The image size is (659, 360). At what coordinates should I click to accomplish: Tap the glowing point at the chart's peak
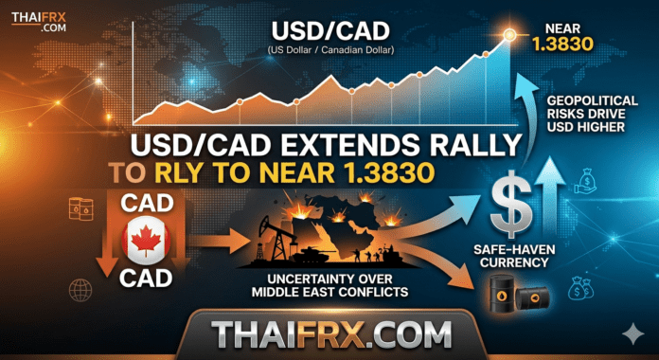509,35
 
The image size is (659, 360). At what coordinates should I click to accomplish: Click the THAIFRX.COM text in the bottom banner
329,333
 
